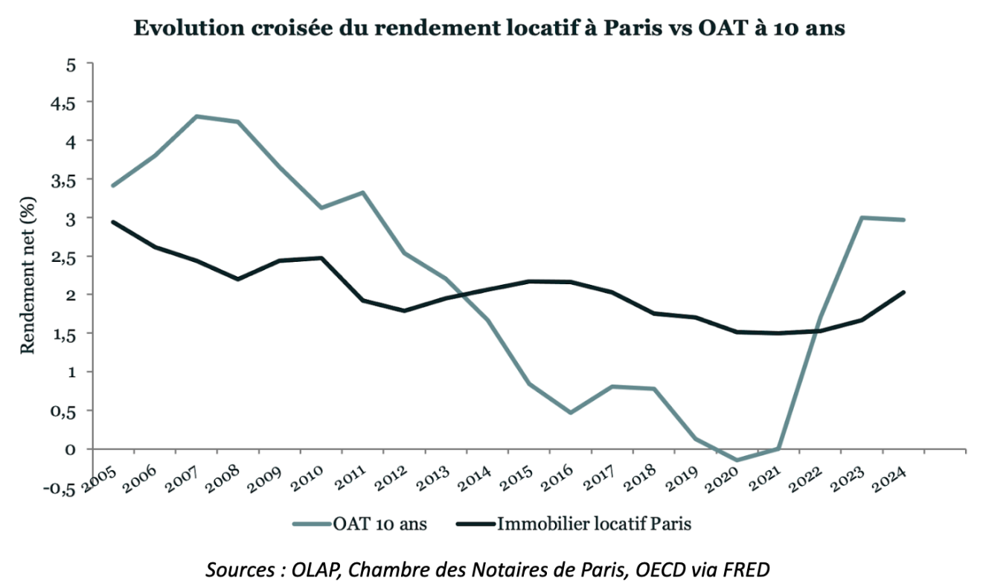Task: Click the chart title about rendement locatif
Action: tap(489, 29)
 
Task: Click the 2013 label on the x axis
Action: tap(430, 477)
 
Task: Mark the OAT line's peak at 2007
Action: tap(196, 116)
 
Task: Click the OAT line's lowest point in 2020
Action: tap(735, 460)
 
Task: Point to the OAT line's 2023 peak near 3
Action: tap(860, 217)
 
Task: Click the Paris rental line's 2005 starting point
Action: tap(112, 222)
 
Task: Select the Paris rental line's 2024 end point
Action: tap(904, 292)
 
